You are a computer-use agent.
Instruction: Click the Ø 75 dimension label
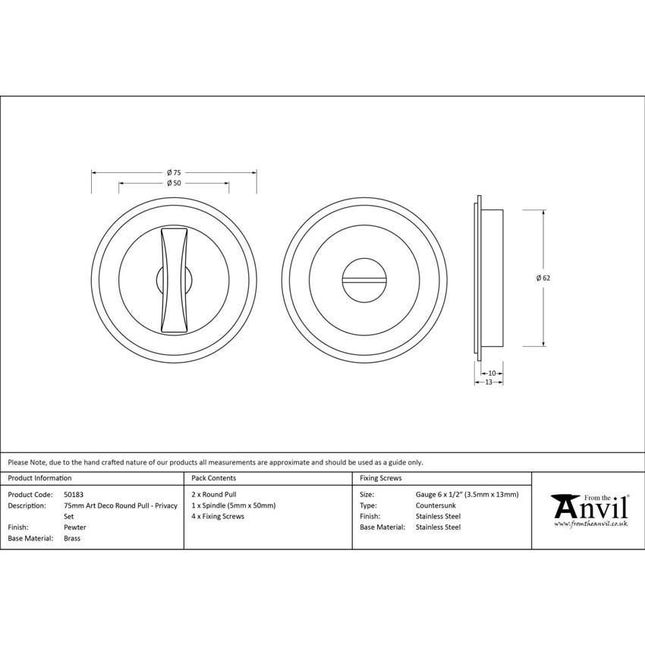point(174,172)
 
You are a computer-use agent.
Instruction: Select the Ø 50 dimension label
point(174,184)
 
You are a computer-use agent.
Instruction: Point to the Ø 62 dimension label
point(543,278)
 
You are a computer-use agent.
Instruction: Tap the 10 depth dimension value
point(492,373)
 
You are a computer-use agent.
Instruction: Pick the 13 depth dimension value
point(488,382)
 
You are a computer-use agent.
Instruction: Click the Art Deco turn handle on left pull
point(174,278)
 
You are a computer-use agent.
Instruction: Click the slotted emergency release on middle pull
point(363,279)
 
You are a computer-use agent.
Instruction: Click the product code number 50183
point(74,494)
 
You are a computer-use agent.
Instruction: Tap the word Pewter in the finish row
point(75,527)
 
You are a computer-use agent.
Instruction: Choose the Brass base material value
point(72,538)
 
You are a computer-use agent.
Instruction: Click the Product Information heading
point(40,478)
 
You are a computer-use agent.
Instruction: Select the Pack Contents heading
point(214,478)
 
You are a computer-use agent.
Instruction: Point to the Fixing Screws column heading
point(381,478)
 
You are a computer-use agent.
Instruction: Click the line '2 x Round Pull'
point(215,494)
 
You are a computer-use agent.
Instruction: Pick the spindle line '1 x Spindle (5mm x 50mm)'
point(234,505)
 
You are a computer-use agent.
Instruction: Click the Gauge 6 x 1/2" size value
point(467,494)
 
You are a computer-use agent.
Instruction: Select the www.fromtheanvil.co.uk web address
point(590,524)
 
